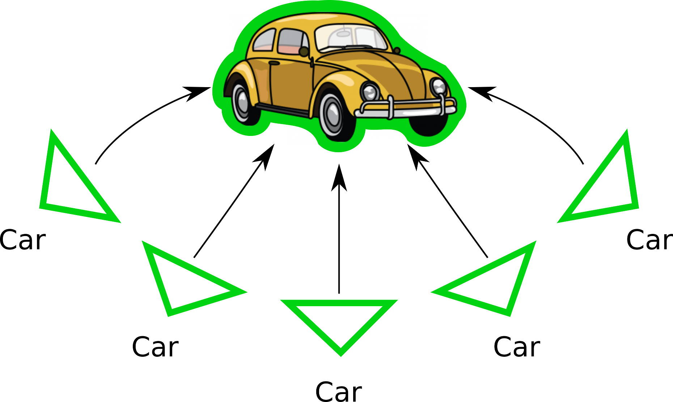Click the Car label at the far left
(x=22, y=240)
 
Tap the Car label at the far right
(x=649, y=240)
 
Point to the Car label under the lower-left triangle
(x=155, y=347)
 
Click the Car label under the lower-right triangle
(x=516, y=347)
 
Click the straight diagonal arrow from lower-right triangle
(x=449, y=202)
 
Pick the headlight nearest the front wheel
(x=370, y=91)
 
